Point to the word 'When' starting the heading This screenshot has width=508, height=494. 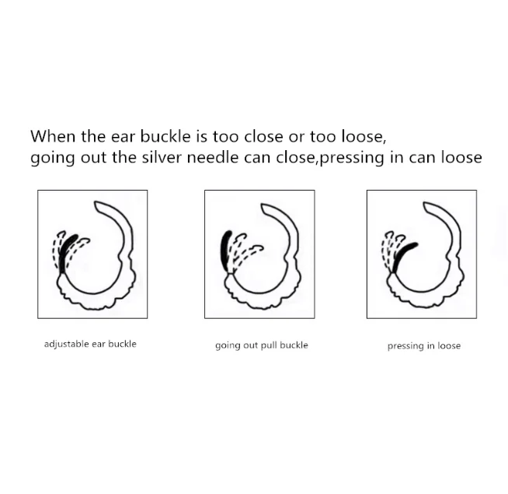[x=50, y=136]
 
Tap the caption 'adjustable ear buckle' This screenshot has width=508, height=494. [x=90, y=344]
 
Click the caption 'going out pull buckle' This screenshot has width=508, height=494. [x=261, y=345]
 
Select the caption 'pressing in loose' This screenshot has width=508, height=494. [x=423, y=345]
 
